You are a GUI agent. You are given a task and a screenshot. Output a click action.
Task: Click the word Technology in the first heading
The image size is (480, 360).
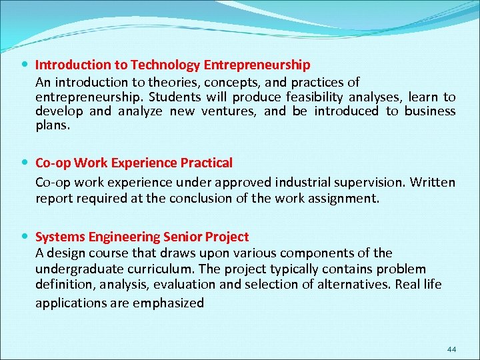point(165,65)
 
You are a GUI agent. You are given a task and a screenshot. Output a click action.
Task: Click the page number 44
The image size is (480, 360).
point(451,349)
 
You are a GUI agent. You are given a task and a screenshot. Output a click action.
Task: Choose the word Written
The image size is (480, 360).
point(433,182)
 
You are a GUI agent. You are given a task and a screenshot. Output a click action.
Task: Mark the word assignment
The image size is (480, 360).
point(342,197)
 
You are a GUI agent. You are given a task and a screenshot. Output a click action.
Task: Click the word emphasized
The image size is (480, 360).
point(170,303)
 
